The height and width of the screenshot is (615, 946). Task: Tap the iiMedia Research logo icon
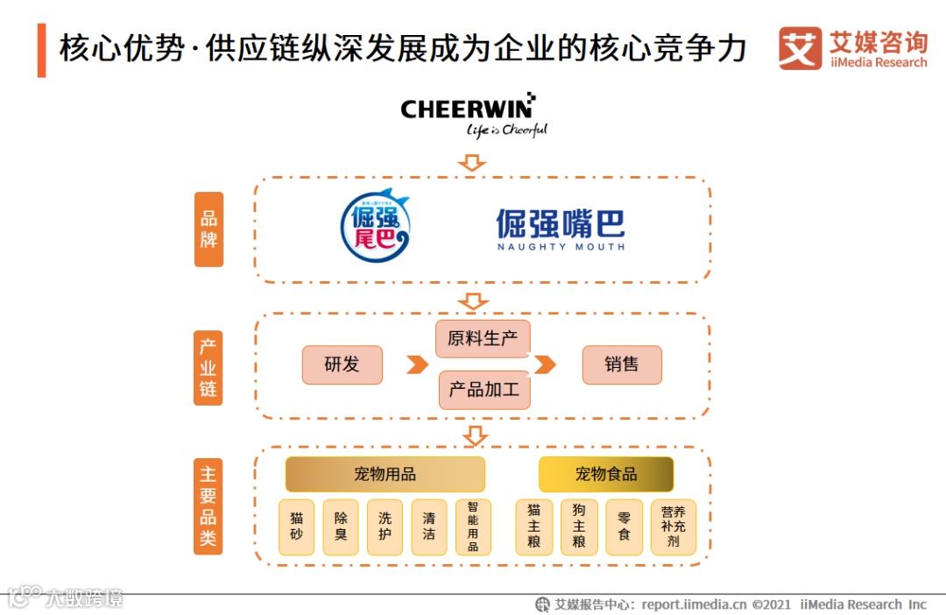(800, 48)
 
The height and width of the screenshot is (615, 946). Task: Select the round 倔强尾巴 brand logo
(376, 227)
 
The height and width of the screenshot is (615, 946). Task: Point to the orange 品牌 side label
(208, 230)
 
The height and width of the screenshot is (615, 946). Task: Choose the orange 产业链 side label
(208, 367)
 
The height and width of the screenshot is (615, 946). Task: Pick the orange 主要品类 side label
(208, 505)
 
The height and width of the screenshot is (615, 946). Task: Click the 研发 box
(342, 364)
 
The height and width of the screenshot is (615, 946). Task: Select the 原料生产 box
(483, 339)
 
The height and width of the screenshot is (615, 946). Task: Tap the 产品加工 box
(484, 390)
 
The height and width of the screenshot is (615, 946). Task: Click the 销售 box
(622, 364)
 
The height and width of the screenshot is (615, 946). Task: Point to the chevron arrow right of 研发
(417, 364)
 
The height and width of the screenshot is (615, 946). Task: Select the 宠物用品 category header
(385, 474)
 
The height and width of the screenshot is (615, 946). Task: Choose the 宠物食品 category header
(606, 474)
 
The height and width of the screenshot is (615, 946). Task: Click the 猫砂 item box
(296, 527)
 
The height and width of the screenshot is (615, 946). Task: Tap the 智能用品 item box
(473, 527)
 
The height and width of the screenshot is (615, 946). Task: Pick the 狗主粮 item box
(579, 527)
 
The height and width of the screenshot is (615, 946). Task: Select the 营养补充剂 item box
(673, 527)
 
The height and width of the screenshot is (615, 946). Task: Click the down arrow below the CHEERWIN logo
(473, 162)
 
